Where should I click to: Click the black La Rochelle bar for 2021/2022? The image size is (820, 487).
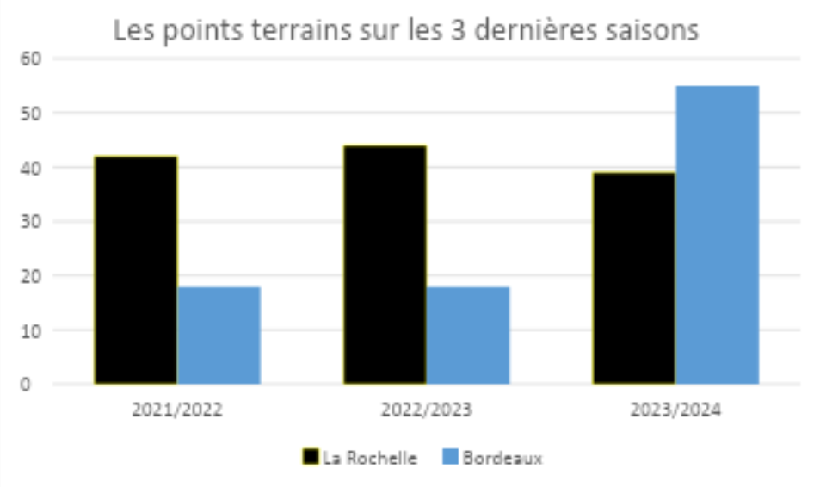point(136,269)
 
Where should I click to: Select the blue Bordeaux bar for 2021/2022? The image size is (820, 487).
point(219,335)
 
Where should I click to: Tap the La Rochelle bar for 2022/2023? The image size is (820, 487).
point(385,264)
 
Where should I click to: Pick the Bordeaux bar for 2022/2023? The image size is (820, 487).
point(468,335)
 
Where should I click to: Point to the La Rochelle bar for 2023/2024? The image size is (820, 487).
point(634,277)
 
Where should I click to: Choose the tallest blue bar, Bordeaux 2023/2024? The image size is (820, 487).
point(717,234)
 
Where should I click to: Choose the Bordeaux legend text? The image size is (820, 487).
point(502,458)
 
